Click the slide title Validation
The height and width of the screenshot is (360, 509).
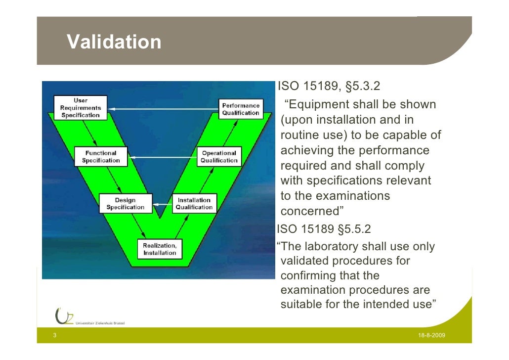[x=114, y=43]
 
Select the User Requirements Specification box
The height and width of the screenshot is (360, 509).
[x=81, y=108]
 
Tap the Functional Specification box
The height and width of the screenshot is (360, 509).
[x=101, y=157]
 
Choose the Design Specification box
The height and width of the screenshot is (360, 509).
[x=125, y=204]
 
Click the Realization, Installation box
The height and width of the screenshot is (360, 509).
[x=159, y=249]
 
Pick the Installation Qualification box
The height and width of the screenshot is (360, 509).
[x=194, y=204]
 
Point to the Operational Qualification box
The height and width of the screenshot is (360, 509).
[x=219, y=157]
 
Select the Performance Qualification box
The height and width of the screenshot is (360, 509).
[x=241, y=109]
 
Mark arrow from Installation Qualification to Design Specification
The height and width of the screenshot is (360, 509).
[x=162, y=204]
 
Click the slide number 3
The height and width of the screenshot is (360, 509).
[x=54, y=336]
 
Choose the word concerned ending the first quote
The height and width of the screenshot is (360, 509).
[x=309, y=212]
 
